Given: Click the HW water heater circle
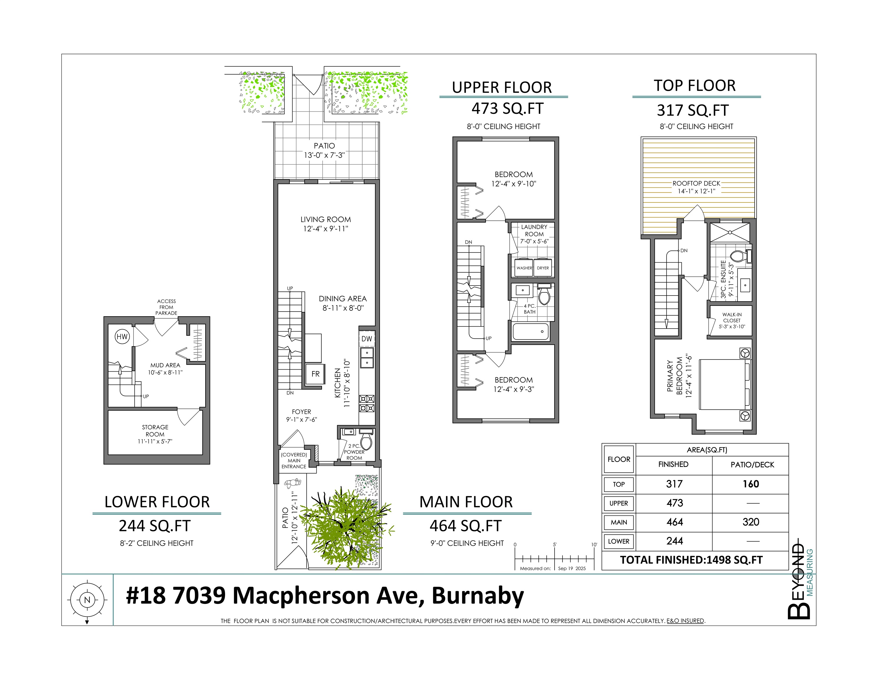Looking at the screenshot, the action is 122,337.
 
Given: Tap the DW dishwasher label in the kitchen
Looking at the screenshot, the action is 367,339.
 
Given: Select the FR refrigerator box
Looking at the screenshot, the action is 315,374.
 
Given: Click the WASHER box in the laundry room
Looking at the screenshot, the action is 524,268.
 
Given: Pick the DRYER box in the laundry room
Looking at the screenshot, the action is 543,268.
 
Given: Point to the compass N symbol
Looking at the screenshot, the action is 87,600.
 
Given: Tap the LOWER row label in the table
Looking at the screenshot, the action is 619,541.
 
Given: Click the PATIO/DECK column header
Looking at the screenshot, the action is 752,464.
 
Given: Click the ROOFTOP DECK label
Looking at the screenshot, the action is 696,183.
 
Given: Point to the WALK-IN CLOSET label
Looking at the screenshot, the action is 732,318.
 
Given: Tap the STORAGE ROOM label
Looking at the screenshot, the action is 155,431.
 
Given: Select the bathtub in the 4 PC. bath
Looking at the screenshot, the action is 531,332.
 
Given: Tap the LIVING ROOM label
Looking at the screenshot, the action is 326,220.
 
